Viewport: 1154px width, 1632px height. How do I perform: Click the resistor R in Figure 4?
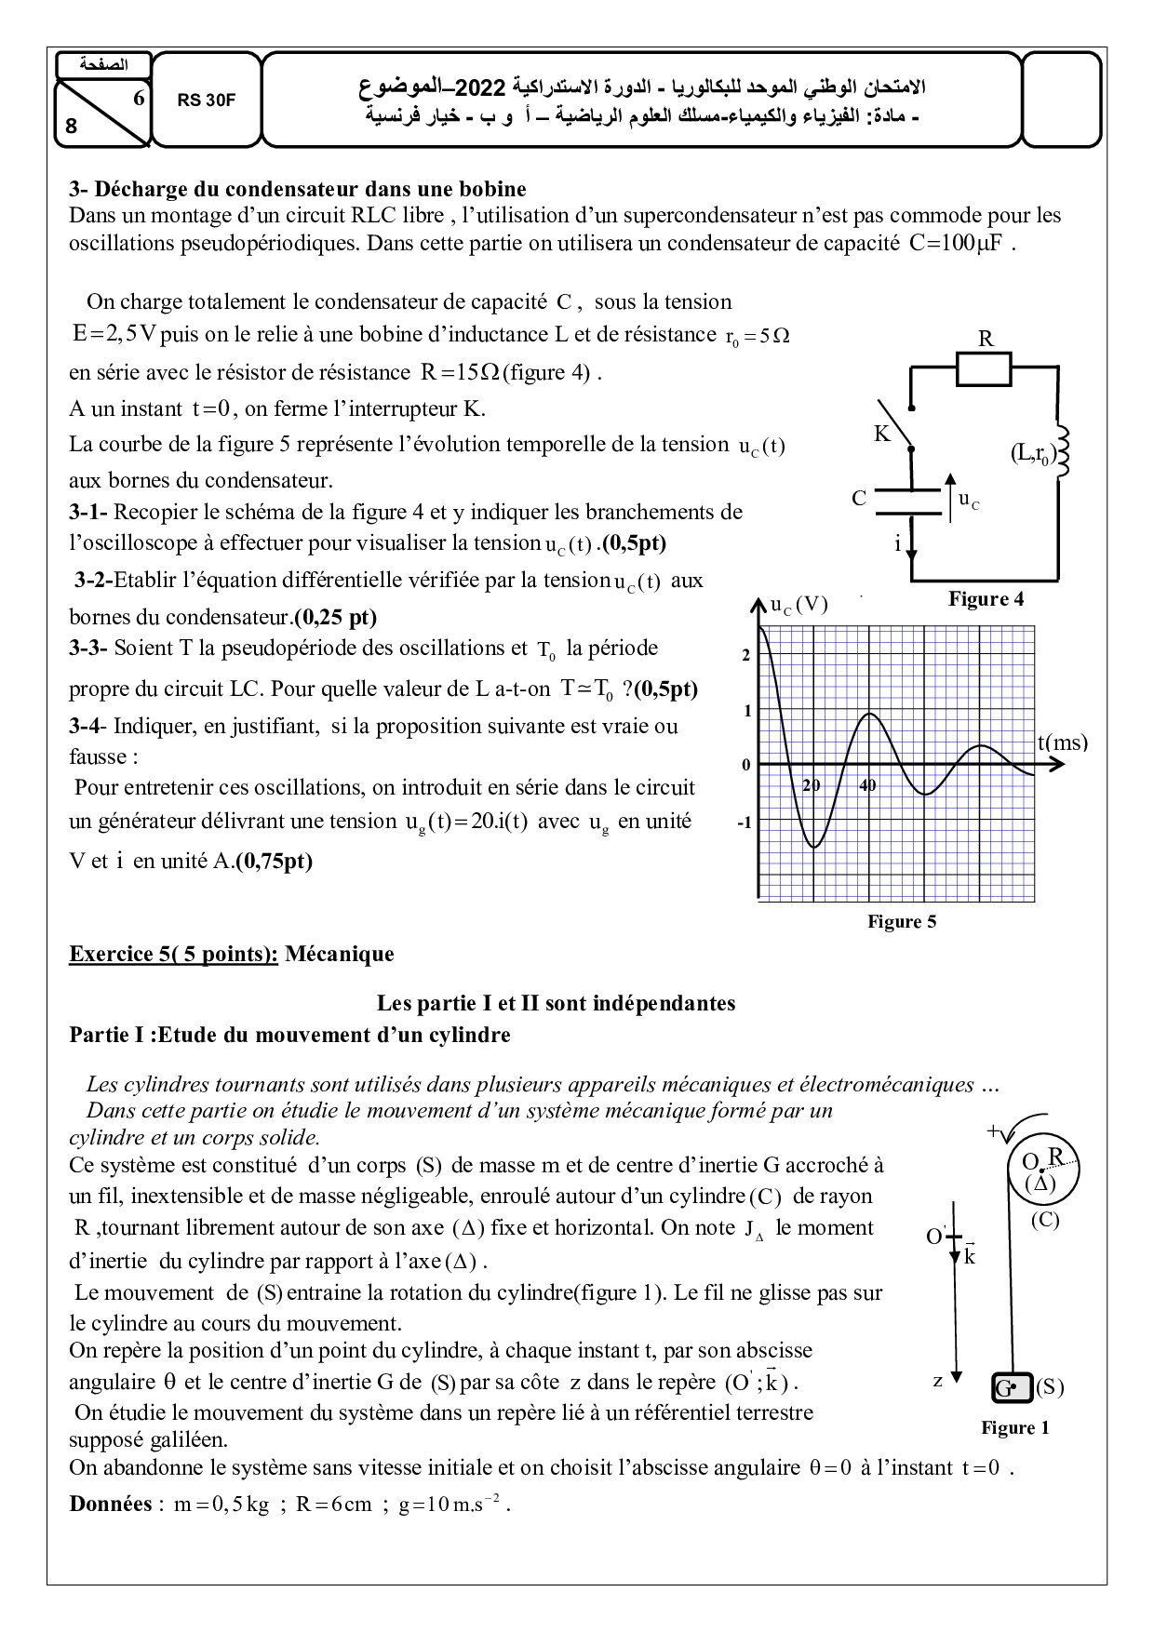pyautogui.click(x=984, y=369)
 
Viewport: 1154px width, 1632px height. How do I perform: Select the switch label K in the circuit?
pyautogui.click(x=881, y=434)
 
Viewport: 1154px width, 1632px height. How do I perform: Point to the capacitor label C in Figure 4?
pyautogui.click(x=859, y=499)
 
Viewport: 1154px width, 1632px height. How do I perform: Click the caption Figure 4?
pyautogui.click(x=986, y=599)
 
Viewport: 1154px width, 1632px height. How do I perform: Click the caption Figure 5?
pyautogui.click(x=902, y=921)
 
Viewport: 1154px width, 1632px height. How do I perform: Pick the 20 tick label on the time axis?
pyautogui.click(x=812, y=785)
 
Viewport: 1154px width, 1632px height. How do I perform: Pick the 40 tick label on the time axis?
pyautogui.click(x=867, y=785)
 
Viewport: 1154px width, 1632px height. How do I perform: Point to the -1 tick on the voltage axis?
pyautogui.click(x=744, y=823)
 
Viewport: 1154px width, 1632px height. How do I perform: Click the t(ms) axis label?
pyautogui.click(x=1062, y=742)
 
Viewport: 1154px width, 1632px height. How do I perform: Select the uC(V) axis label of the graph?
pyautogui.click(x=798, y=605)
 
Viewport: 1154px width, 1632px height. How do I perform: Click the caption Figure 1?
pyautogui.click(x=1014, y=1427)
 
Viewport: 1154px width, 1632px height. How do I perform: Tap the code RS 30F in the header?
pyautogui.click(x=207, y=100)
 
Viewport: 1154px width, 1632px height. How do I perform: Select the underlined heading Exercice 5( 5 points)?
pyautogui.click(x=173, y=954)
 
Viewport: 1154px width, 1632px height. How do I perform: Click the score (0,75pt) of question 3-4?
pyautogui.click(x=274, y=861)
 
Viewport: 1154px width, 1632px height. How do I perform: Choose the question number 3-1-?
pyautogui.click(x=88, y=512)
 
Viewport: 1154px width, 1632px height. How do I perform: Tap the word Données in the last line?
pyautogui.click(x=110, y=1505)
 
